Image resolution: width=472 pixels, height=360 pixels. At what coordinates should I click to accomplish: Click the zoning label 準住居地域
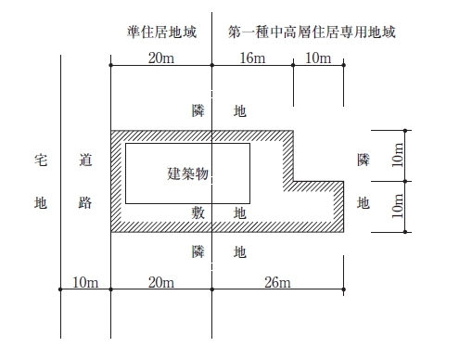pos(161,32)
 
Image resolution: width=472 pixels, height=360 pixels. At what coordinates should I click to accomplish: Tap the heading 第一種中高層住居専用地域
pos(312,32)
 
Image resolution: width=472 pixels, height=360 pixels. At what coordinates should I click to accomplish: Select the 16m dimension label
pos(252,58)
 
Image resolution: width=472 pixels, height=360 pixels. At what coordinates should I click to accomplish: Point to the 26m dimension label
pos(277,282)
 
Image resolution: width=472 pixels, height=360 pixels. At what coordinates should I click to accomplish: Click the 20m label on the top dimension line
pos(161,58)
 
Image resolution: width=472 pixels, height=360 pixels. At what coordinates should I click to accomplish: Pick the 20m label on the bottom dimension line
pos(161,282)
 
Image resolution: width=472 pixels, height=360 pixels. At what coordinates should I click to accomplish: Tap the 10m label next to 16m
pos(318,58)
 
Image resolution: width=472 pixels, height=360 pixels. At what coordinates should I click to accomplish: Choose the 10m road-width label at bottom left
pos(85,282)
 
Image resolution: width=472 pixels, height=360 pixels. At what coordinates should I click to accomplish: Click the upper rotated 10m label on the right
pos(398,155)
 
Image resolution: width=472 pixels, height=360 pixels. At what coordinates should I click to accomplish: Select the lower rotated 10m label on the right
pos(398,206)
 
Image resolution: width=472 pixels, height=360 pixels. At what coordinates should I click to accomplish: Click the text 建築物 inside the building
pos(187,174)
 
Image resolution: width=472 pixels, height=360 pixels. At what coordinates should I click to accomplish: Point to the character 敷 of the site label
pos(198,212)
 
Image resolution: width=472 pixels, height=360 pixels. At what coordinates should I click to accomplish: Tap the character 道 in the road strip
pos(85,160)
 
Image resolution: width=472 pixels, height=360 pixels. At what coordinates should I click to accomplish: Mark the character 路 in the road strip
pos(85,202)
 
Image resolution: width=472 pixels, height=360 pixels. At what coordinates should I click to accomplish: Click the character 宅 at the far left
pos(41,160)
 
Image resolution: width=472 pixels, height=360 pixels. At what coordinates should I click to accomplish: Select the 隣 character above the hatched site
pos(198,110)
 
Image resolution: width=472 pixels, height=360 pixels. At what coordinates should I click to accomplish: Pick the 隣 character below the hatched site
pos(198,251)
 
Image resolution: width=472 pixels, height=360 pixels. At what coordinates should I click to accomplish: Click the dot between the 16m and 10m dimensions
pos(293,65)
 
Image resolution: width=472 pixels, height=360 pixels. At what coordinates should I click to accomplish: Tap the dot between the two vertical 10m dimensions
pos(405,181)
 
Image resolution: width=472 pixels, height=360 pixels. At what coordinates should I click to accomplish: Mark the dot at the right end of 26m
pos(344,289)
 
